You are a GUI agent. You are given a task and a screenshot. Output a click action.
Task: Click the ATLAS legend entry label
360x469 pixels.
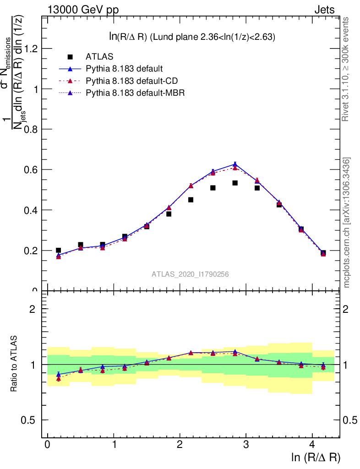click(x=99, y=57)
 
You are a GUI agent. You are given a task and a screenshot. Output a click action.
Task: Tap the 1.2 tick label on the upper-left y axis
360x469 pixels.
click(x=31, y=49)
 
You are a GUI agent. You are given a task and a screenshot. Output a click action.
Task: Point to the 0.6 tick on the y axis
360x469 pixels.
click(x=31, y=169)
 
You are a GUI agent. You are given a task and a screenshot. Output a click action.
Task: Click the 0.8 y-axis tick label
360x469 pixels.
click(x=31, y=129)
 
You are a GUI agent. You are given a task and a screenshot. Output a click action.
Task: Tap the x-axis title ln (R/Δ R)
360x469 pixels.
click(x=316, y=458)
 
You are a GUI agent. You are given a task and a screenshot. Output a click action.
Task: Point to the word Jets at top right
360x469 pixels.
click(x=324, y=10)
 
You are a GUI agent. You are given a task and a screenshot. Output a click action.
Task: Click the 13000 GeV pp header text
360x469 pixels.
click(x=83, y=10)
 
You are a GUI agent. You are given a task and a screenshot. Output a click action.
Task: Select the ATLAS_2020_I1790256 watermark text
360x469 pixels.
click(x=190, y=274)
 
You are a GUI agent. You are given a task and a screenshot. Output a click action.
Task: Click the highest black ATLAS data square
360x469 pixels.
click(x=235, y=183)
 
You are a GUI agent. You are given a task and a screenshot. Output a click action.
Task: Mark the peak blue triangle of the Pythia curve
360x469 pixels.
click(x=235, y=164)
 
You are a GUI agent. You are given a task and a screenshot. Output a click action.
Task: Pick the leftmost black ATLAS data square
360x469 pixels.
click(x=58, y=251)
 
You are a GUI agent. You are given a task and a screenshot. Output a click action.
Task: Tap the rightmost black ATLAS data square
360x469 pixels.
click(x=323, y=253)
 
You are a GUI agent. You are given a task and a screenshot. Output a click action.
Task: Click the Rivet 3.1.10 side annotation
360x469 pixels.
click(x=346, y=69)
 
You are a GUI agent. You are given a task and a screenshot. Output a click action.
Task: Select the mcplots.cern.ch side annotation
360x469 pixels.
click(x=347, y=223)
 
